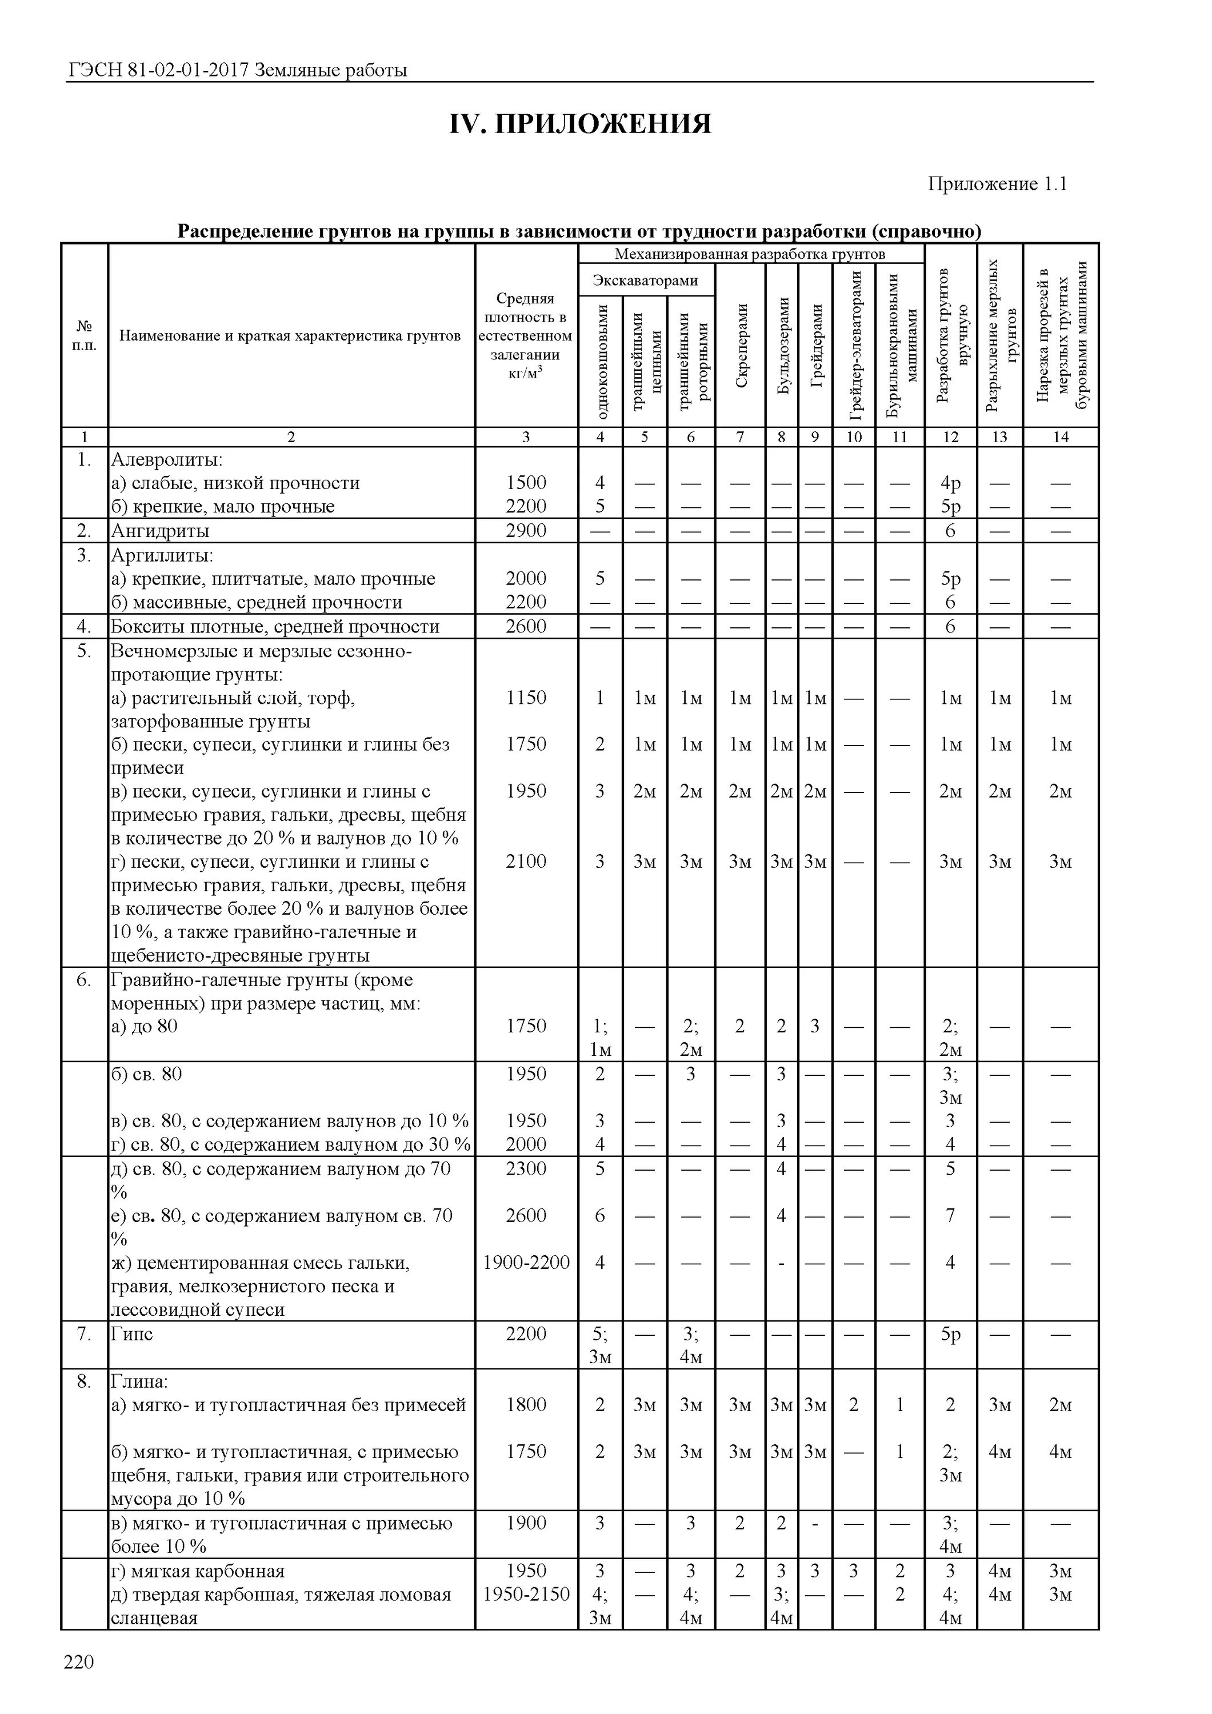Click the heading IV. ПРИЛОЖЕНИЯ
(x=579, y=124)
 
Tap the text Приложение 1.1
(x=997, y=185)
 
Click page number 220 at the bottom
(x=79, y=1662)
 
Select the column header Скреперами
(x=741, y=345)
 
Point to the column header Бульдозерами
(x=782, y=345)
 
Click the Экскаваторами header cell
(x=645, y=281)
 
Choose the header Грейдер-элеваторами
(x=854, y=345)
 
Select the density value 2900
(x=526, y=531)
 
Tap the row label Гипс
(x=131, y=1334)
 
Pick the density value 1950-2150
(x=526, y=1595)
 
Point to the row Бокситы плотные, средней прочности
(x=275, y=626)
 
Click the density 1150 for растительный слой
(x=526, y=698)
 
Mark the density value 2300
(x=526, y=1168)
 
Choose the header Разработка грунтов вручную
(x=951, y=336)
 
